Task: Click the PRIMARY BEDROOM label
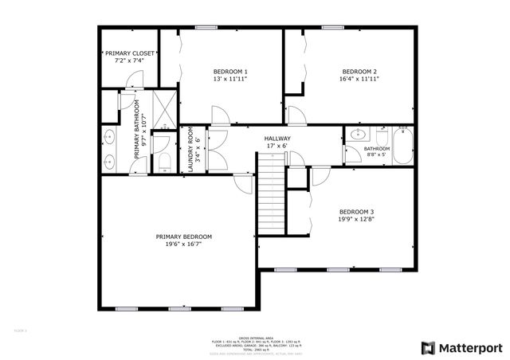[183, 237]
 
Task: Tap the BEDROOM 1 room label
[229, 70]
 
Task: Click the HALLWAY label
[277, 139]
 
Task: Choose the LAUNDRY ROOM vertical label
[190, 149]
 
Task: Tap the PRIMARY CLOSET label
[129, 53]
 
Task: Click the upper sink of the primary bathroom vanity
[109, 137]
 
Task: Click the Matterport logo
[461, 346]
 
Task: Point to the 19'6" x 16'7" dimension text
[183, 245]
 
